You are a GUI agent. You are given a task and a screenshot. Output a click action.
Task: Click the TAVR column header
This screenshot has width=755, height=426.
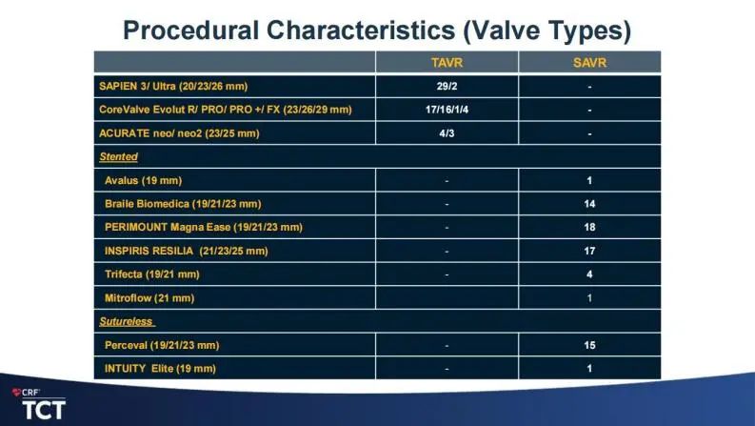447,63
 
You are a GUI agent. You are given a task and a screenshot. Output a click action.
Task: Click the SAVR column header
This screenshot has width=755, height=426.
589,63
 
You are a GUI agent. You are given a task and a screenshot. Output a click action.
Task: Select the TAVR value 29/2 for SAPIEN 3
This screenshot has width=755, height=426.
447,87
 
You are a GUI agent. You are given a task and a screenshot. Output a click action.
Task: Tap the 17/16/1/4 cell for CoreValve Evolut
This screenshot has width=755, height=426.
447,110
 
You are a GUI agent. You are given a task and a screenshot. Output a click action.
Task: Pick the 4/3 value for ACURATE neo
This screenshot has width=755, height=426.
447,133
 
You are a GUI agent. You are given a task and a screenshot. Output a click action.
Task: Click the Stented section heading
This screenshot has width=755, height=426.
118,156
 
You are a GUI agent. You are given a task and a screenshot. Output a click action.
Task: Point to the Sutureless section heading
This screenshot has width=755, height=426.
127,321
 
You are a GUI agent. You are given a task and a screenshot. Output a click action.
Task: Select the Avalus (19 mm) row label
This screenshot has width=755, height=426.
143,181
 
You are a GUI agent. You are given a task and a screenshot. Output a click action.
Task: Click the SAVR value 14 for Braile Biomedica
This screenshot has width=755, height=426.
589,204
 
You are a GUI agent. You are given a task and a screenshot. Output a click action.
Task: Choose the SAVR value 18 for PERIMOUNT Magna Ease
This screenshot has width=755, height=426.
589,227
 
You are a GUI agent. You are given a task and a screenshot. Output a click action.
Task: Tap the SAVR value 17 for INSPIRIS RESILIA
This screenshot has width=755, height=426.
589,251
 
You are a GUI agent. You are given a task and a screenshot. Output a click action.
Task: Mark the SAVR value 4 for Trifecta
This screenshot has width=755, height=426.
589,274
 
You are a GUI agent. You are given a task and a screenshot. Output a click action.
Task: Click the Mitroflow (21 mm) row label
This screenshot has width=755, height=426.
149,297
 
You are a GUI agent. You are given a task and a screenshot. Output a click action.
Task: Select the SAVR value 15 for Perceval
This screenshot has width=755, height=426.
589,345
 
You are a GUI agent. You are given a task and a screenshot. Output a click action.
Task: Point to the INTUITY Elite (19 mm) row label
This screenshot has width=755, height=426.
160,369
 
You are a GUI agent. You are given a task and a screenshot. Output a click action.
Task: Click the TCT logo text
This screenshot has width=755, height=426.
44,410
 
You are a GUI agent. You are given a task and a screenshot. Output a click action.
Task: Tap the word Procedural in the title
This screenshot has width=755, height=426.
190,30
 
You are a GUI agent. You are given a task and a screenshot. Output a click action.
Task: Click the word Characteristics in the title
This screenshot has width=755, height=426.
361,30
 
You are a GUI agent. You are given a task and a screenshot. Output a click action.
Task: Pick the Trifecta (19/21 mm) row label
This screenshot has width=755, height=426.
151,274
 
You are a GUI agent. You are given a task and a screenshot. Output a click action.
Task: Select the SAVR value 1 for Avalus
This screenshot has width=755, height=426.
589,181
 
